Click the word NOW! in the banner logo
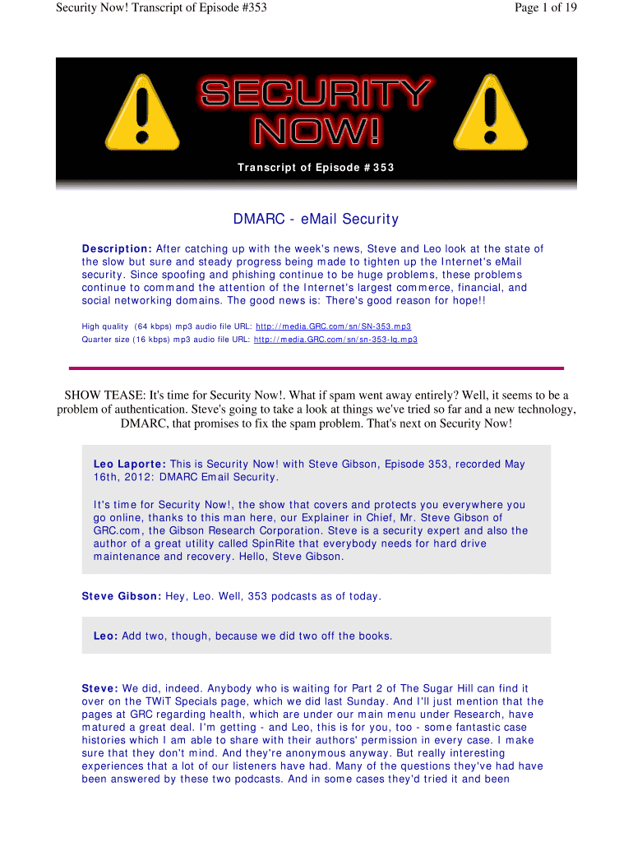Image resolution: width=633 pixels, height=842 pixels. pyautogui.click(x=316, y=131)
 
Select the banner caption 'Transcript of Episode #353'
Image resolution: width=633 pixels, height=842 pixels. pyautogui.click(x=316, y=168)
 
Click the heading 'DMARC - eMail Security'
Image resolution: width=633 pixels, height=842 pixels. pyautogui.click(x=316, y=219)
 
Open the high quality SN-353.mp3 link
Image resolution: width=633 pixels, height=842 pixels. pyautogui.click(x=334, y=326)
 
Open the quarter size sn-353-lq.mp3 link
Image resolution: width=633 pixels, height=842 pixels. pyautogui.click(x=335, y=340)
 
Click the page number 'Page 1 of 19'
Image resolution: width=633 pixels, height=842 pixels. pyautogui.click(x=543, y=8)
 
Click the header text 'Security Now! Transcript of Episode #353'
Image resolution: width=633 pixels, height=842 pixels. pyautogui.click(x=161, y=8)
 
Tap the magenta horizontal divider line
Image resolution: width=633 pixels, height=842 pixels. pyautogui.click(x=316, y=368)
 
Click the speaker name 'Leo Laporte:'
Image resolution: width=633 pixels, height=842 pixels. pyautogui.click(x=130, y=464)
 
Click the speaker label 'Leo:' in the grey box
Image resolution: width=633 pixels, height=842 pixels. pyautogui.click(x=106, y=636)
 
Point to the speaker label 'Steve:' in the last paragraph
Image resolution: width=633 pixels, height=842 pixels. pyautogui.click(x=100, y=687)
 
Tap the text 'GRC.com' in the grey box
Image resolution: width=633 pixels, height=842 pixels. pyautogui.click(x=116, y=530)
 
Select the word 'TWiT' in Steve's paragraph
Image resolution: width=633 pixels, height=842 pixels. pyautogui.click(x=151, y=701)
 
